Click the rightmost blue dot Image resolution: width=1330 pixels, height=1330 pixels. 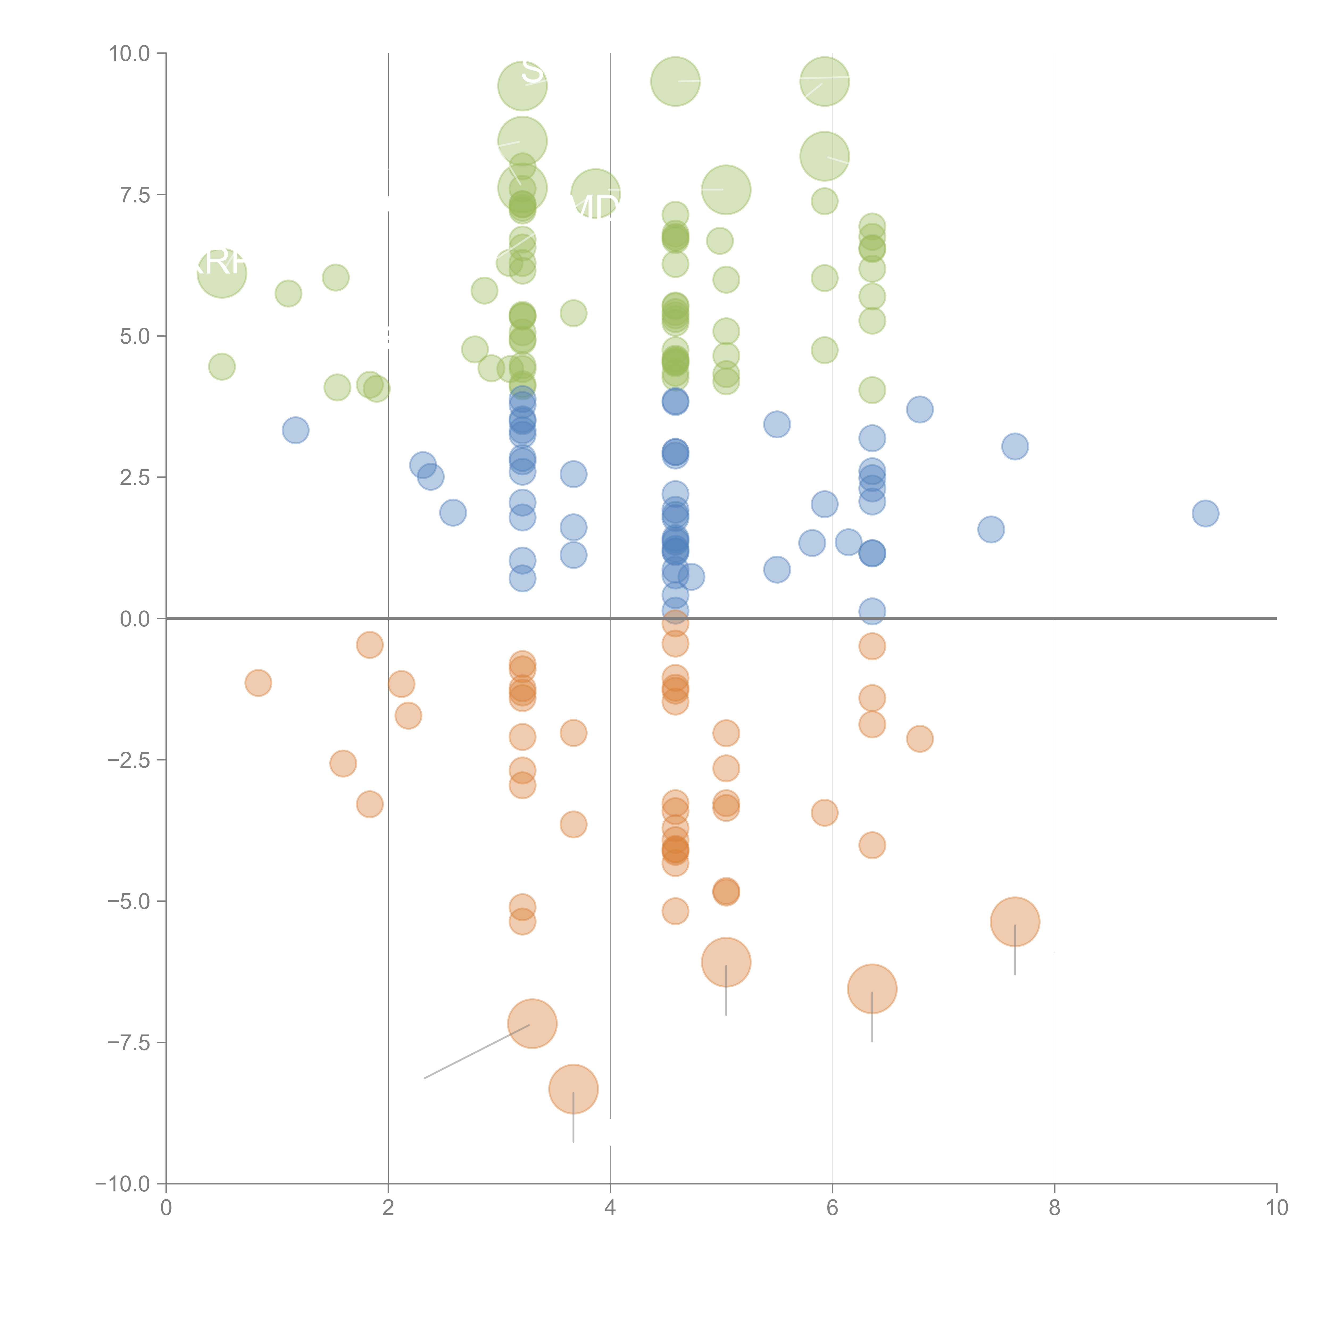coord(1205,513)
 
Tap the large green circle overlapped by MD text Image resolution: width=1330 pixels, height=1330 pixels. coord(596,193)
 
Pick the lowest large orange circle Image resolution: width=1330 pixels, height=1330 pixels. coord(573,1088)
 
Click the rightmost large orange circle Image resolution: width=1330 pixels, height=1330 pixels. coord(1015,922)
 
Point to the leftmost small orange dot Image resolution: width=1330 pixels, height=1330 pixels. coord(258,683)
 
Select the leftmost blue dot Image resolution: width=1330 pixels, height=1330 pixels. coord(295,430)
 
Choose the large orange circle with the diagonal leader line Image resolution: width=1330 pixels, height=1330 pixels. coord(532,1024)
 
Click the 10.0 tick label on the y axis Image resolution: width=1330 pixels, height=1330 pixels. coord(130,54)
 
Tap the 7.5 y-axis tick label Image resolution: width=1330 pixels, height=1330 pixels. coord(135,195)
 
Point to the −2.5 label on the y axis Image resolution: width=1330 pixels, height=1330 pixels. coord(129,760)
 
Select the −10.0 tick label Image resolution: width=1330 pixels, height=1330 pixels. coord(123,1184)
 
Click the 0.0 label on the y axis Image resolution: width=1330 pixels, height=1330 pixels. coord(135,619)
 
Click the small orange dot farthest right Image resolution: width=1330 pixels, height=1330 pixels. coord(920,739)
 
